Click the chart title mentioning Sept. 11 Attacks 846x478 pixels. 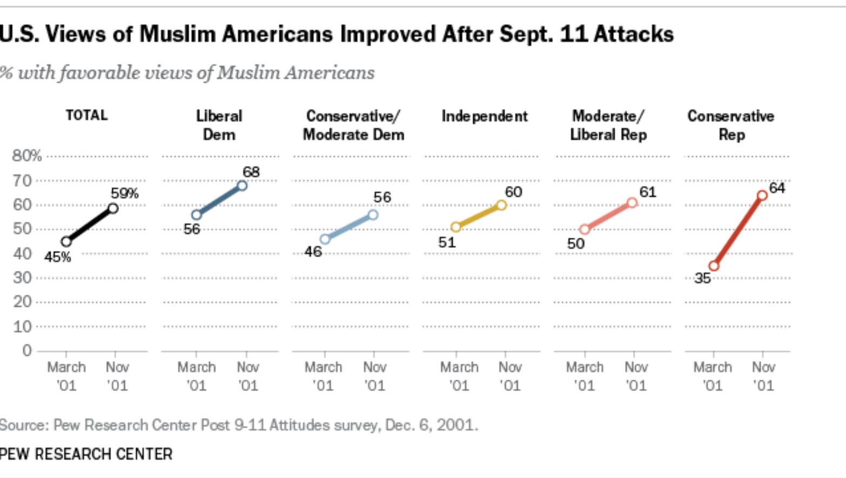pos(337,35)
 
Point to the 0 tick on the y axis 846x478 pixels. pos(27,351)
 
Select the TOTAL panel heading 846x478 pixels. pos(86,116)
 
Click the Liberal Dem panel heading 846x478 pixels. pos(219,125)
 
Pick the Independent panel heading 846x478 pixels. pos(484,117)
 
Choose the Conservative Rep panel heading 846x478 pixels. pos(730,125)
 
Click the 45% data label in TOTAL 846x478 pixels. pos(57,257)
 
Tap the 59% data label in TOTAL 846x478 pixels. pos(125,193)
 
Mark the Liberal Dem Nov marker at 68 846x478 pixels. pos(242,186)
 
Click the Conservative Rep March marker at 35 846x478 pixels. pos(714,266)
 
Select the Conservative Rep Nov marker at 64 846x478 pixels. pos(762,196)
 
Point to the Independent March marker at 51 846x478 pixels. pos(455,227)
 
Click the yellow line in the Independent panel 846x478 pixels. pos(479,216)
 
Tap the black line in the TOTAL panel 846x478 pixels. pos(90,225)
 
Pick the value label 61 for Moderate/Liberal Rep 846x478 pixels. pos(647,192)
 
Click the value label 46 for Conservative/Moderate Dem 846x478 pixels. pos(313,252)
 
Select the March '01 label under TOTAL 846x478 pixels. pos(66,376)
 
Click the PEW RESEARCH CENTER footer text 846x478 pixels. pos(86,454)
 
